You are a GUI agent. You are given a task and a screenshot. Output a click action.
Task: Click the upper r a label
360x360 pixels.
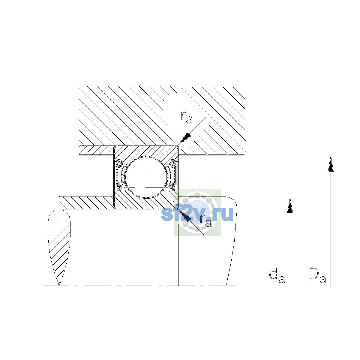186,117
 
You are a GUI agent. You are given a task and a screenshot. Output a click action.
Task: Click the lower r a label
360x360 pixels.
206,220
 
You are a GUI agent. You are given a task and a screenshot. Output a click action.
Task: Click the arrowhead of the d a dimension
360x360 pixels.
290,205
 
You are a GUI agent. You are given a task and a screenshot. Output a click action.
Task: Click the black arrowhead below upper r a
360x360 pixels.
185,138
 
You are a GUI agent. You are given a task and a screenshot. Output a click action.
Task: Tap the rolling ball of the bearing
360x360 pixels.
146,177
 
